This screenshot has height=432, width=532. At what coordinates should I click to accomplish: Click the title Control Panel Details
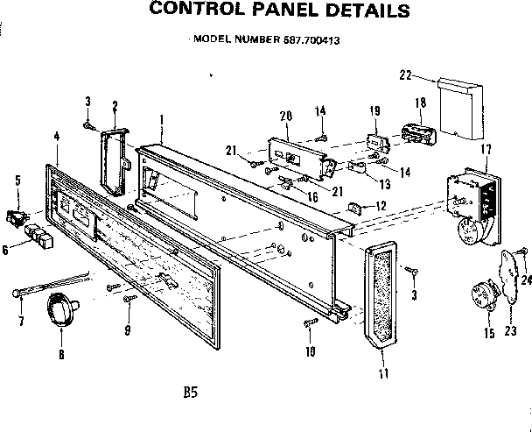pyautogui.click(x=266, y=12)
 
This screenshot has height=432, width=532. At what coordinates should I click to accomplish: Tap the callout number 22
pyautogui.click(x=403, y=76)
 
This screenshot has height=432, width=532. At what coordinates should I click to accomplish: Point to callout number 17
pyautogui.click(x=486, y=149)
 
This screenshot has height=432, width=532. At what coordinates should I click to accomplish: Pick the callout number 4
pyautogui.click(x=56, y=136)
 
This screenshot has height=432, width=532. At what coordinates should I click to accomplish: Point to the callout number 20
pyautogui.click(x=285, y=117)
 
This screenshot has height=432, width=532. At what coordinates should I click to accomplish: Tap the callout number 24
pyautogui.click(x=525, y=280)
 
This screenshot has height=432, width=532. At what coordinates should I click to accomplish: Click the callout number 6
pyautogui.click(x=6, y=250)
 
